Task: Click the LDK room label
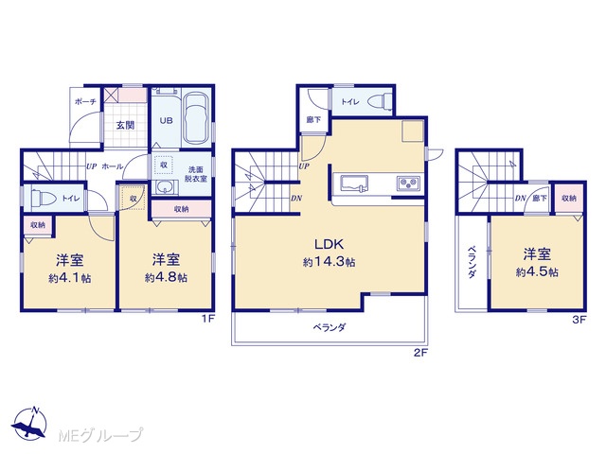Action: tap(329, 244)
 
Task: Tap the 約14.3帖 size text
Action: tap(330, 263)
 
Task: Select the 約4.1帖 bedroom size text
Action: tap(70, 278)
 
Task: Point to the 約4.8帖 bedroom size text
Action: tap(167, 277)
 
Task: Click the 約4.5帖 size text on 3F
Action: tap(537, 272)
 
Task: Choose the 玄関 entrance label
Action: tap(125, 125)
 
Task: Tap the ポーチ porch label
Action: tap(85, 101)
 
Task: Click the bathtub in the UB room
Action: tap(196, 118)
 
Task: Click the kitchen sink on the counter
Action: tap(354, 183)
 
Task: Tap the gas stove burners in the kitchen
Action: tap(408, 183)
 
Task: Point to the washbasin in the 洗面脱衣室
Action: tap(167, 188)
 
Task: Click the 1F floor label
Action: tap(208, 319)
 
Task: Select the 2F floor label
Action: tap(420, 352)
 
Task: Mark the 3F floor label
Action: tap(579, 320)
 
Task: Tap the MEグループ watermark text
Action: tap(100, 435)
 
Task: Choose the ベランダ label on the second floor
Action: tap(330, 328)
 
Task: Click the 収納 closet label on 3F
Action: tap(568, 198)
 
